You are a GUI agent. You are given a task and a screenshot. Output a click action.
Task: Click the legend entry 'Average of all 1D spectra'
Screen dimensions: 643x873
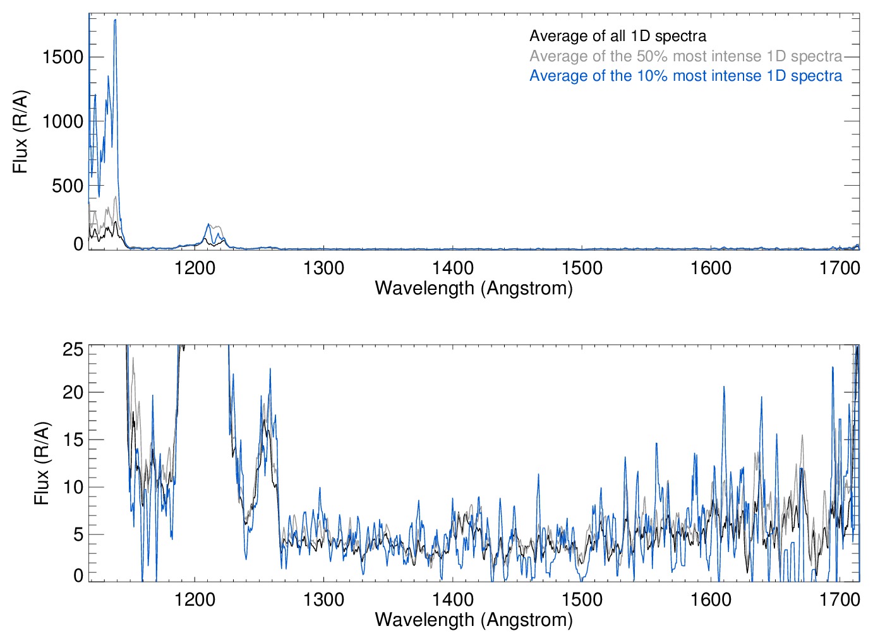pos(617,36)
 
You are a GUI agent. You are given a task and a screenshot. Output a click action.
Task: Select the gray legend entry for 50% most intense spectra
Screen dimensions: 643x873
pos(685,56)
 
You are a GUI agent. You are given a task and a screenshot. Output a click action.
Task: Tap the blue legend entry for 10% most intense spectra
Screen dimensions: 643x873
pos(685,76)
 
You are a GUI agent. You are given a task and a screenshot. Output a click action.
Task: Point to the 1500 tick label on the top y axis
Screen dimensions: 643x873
pos(63,57)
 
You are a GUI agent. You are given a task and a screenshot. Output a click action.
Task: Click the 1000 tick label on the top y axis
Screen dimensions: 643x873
pos(63,121)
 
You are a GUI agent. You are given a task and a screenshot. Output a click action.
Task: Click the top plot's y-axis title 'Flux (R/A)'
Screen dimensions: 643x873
pos(21,132)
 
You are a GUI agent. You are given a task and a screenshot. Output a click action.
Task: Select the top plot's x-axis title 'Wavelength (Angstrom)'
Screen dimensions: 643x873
pos(474,288)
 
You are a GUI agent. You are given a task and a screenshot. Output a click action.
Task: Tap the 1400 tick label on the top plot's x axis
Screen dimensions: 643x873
pos(453,268)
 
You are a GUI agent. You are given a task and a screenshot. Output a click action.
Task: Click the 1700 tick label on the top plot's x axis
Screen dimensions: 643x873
pos(840,268)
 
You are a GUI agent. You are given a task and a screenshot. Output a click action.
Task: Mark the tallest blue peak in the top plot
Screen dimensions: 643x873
pos(115,20)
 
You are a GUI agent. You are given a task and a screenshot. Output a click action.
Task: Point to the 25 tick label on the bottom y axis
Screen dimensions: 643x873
pos(73,349)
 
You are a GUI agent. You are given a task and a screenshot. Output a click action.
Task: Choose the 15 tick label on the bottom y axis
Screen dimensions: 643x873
pos(73,440)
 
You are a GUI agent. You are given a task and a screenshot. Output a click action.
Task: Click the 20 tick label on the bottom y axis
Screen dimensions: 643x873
pos(73,392)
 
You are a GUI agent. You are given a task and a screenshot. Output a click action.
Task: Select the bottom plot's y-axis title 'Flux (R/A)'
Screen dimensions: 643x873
pos(42,464)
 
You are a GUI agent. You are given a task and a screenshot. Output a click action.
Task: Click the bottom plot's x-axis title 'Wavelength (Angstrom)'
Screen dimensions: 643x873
pos(474,620)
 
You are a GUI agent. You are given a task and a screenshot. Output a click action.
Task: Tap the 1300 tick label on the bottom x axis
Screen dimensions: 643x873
pos(324,599)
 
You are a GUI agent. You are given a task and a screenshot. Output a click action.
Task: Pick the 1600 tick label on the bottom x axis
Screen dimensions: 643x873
pos(711,599)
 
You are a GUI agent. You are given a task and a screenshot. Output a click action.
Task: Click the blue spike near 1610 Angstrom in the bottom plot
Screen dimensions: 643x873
pos(724,387)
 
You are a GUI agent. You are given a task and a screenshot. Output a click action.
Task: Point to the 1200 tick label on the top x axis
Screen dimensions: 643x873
pos(195,268)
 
